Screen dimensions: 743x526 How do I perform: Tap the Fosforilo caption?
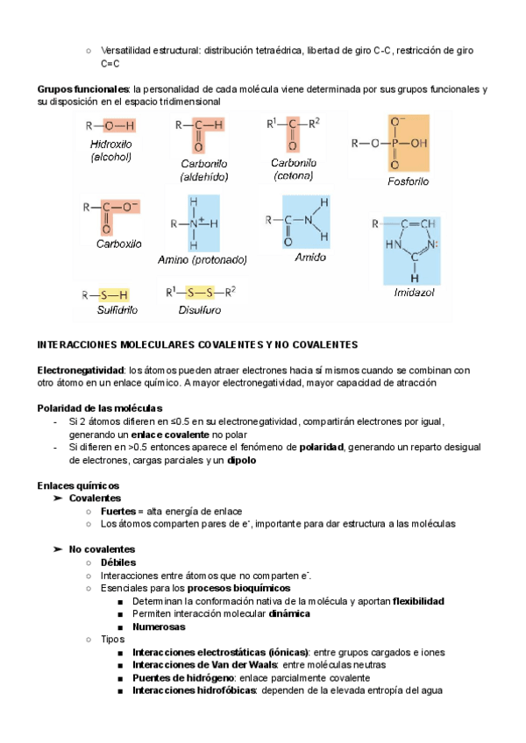[408, 182]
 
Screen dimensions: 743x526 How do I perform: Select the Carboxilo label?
[118, 244]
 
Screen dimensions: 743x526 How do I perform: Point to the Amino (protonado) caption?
[203, 259]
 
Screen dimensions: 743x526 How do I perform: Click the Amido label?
[309, 258]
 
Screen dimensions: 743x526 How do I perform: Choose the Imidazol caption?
[414, 293]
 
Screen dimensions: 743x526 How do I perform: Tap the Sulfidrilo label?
[117, 310]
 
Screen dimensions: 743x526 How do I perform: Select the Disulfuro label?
[199, 310]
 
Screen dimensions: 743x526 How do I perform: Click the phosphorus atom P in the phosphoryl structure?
[394, 142]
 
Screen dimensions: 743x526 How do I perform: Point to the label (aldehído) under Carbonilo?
[203, 176]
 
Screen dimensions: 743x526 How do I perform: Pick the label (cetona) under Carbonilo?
[293, 175]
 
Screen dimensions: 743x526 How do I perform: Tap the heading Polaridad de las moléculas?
[99, 408]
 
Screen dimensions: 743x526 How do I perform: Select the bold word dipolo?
[265, 460]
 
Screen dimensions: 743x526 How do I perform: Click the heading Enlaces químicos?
[78, 485]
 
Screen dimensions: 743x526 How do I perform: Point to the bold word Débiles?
[118, 563]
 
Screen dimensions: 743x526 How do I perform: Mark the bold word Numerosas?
[160, 626]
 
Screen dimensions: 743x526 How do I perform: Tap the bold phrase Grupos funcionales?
[82, 89]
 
